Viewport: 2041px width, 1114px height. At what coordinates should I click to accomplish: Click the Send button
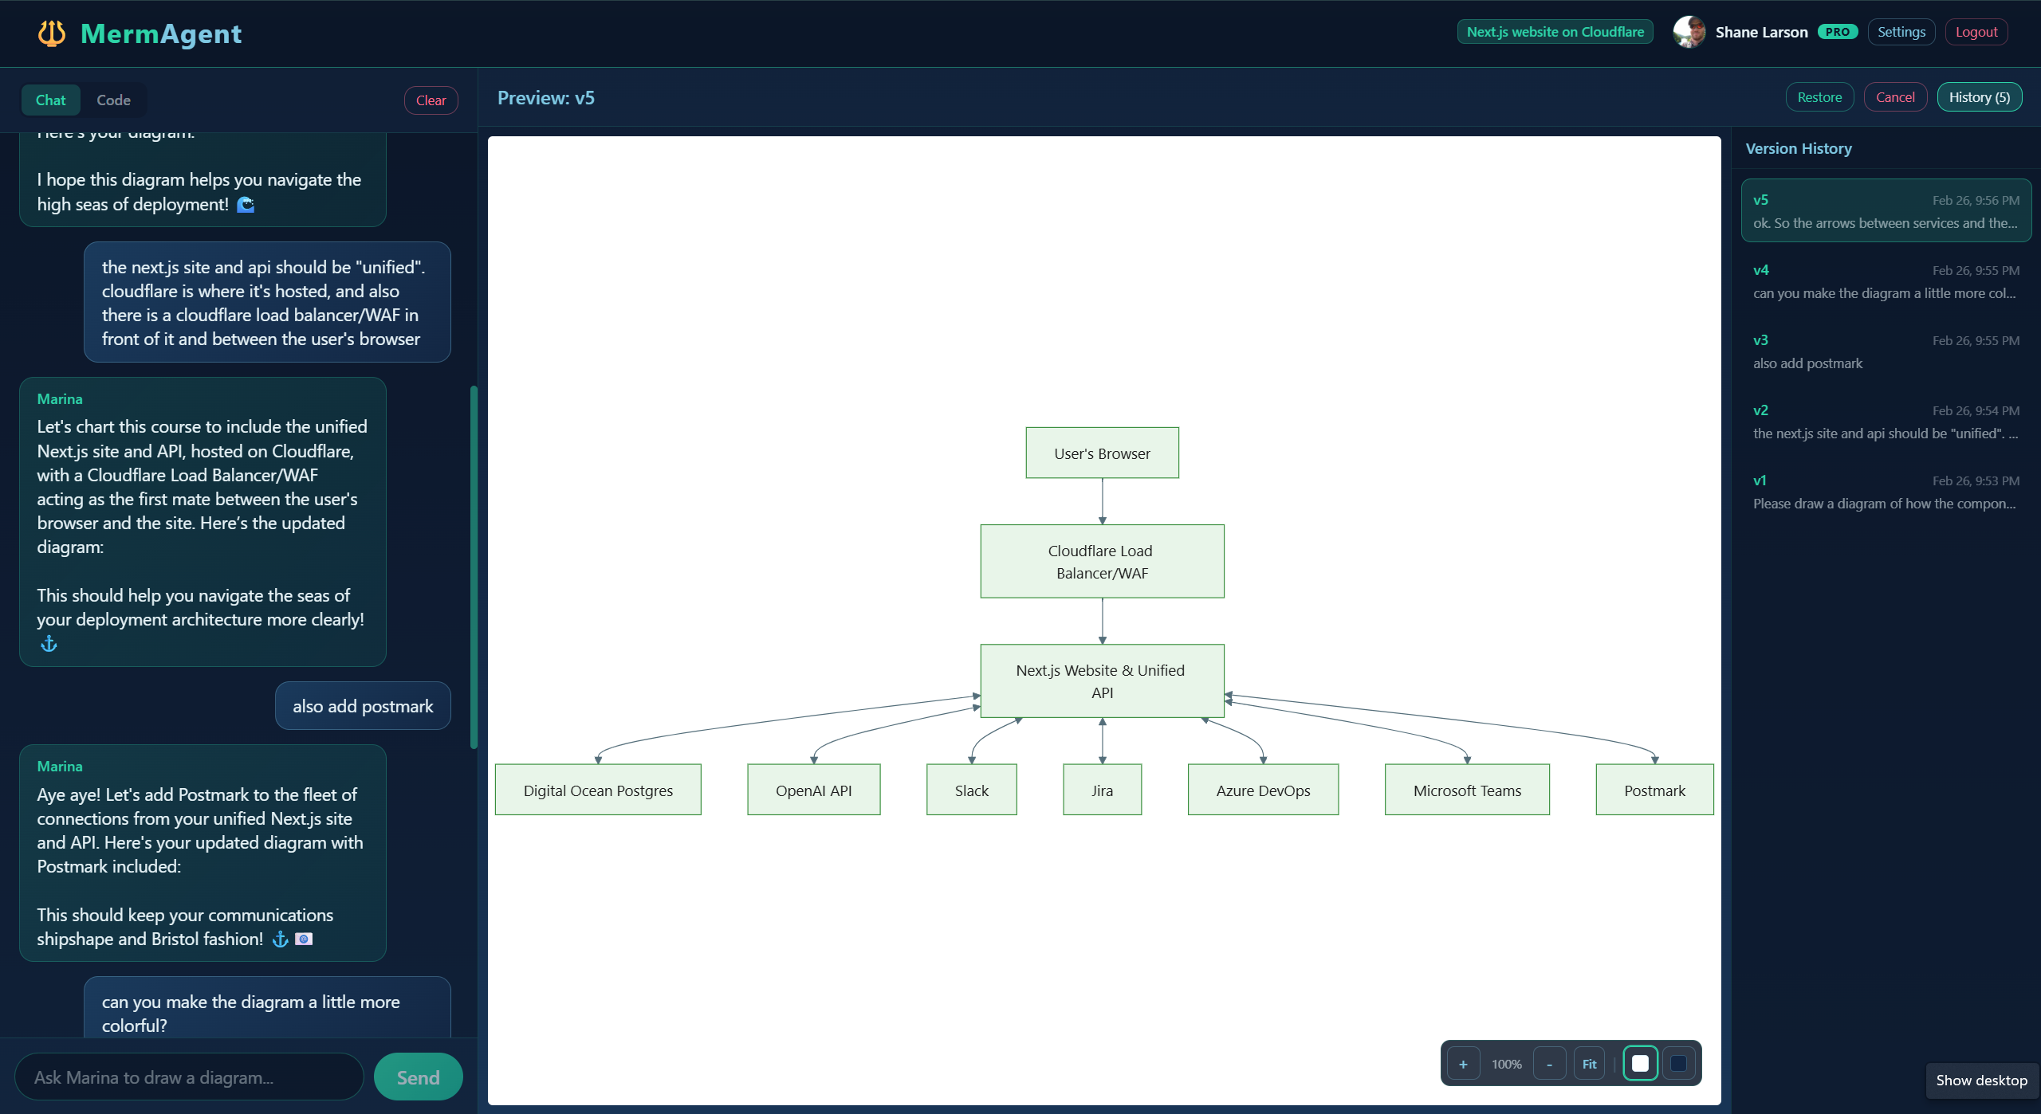(418, 1077)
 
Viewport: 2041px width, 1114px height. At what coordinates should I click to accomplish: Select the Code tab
(113, 100)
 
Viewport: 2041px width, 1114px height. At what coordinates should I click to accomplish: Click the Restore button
(1819, 97)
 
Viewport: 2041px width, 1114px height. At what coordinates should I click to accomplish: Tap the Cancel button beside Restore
(1894, 97)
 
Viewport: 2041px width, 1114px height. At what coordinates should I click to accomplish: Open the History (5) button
(1979, 97)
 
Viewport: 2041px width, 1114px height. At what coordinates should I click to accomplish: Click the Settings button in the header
(1901, 32)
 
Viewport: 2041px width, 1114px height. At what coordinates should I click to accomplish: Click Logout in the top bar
(1976, 32)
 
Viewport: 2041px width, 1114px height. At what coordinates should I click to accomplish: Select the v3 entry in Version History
(1886, 351)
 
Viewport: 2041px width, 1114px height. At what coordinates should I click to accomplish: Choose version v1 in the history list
(1886, 492)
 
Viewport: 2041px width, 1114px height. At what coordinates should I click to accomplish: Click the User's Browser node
(1102, 453)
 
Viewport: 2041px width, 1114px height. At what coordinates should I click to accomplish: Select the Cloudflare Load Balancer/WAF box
(1102, 562)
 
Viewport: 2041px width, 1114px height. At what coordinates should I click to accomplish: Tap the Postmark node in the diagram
(1654, 790)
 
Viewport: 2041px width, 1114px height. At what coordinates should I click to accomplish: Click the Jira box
(1102, 790)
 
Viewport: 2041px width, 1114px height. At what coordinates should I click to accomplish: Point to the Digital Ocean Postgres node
(598, 790)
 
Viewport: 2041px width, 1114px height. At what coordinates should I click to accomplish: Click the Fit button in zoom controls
(1589, 1064)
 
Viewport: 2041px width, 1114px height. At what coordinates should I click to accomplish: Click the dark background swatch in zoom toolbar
(1678, 1064)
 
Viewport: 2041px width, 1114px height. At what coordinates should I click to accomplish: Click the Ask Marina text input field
(189, 1077)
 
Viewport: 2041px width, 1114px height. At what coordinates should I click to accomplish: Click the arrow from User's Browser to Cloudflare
(1103, 500)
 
